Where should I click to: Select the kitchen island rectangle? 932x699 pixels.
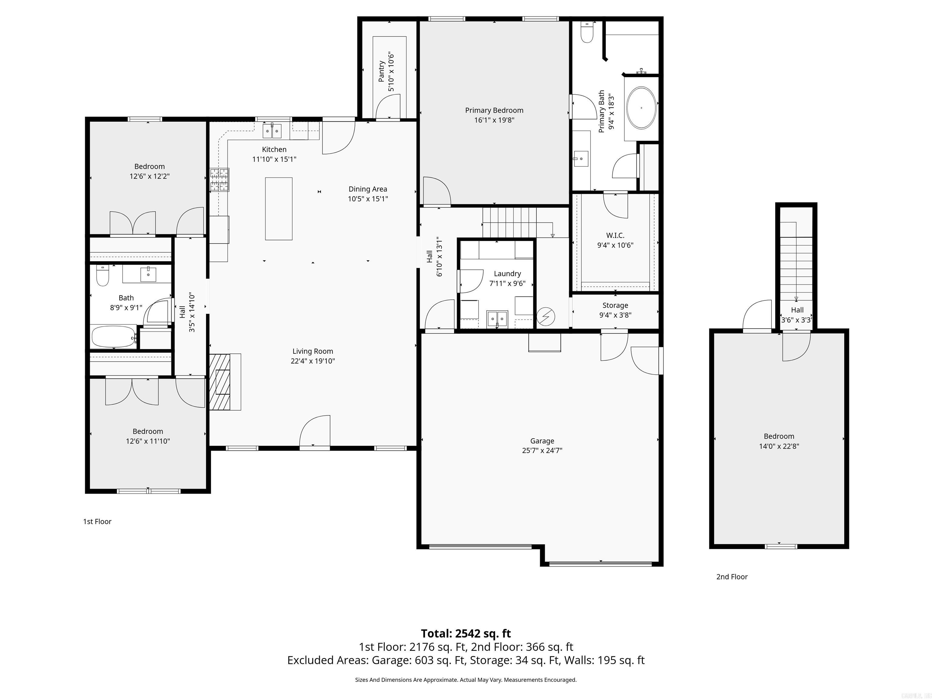(x=279, y=208)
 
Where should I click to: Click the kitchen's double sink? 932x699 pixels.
(x=272, y=131)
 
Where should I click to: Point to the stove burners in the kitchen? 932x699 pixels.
(x=220, y=180)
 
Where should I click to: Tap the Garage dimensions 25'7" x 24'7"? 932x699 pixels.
(x=542, y=451)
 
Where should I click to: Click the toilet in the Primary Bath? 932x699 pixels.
(x=586, y=32)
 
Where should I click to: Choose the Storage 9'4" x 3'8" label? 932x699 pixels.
(x=615, y=310)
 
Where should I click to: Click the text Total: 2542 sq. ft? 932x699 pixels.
(x=466, y=634)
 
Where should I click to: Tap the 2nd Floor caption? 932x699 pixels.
(x=732, y=577)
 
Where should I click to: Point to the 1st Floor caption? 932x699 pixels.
(x=97, y=522)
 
